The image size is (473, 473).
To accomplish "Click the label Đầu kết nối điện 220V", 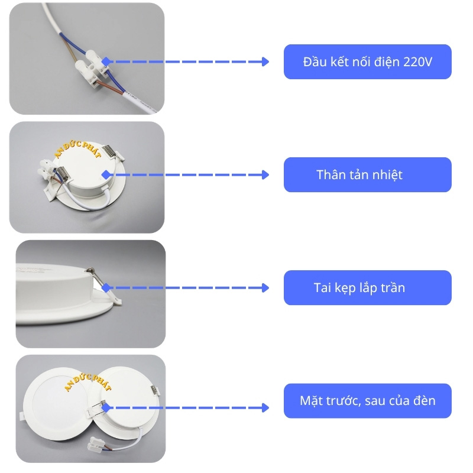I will pyautogui.click(x=367, y=61).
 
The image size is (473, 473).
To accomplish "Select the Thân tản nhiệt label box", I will pyautogui.click(x=367, y=174).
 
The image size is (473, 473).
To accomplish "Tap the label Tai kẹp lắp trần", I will pyautogui.click(x=367, y=288).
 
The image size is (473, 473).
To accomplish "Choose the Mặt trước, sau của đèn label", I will pyautogui.click(x=367, y=401).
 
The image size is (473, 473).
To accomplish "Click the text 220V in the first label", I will pyautogui.click(x=419, y=61).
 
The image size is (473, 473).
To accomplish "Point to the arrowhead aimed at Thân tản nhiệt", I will pyautogui.click(x=265, y=175).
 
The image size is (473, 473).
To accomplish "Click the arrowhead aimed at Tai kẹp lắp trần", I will pyautogui.click(x=265, y=288).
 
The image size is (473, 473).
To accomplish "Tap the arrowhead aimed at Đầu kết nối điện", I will pyautogui.click(x=265, y=61).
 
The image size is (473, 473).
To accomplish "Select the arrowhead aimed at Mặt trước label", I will pyautogui.click(x=265, y=408).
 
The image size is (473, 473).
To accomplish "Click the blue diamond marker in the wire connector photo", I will pyautogui.click(x=106, y=61).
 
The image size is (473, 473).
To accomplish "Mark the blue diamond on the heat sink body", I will pyautogui.click(x=106, y=175).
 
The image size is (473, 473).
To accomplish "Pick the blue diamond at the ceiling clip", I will pyautogui.click(x=106, y=287).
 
